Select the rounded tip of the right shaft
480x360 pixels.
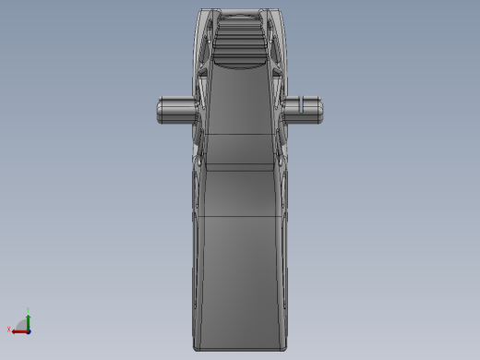[324, 109]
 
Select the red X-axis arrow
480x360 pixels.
[18, 330]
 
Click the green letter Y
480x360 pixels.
[29, 310]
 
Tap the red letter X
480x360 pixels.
[9, 330]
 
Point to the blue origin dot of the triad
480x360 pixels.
[29, 330]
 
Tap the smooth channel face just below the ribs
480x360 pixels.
[239, 102]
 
